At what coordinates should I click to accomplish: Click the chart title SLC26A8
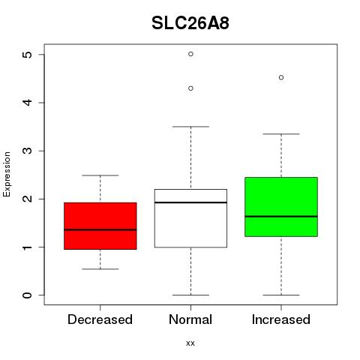coord(190,23)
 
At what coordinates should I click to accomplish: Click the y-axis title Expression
coord(7,174)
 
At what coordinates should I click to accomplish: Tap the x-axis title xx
coord(190,343)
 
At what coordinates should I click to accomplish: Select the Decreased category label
coord(100,319)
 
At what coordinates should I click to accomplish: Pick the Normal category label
coord(190,319)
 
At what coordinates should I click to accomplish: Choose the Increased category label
coord(281,319)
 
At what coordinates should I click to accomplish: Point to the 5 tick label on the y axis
coord(28,55)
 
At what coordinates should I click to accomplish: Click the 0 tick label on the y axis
coord(28,295)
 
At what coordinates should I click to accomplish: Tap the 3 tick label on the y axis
coord(28,151)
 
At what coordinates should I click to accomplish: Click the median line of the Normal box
coord(190,202)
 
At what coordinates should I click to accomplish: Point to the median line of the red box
coord(100,229)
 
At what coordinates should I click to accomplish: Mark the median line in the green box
coord(281,217)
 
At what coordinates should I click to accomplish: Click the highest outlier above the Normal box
coord(190,54)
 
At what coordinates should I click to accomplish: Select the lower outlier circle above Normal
coord(190,88)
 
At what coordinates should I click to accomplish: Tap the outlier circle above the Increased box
coord(281,77)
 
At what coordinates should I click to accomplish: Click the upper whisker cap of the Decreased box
coord(100,175)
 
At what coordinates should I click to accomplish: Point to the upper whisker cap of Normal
coord(190,127)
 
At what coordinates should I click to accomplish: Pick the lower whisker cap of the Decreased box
coord(100,269)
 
